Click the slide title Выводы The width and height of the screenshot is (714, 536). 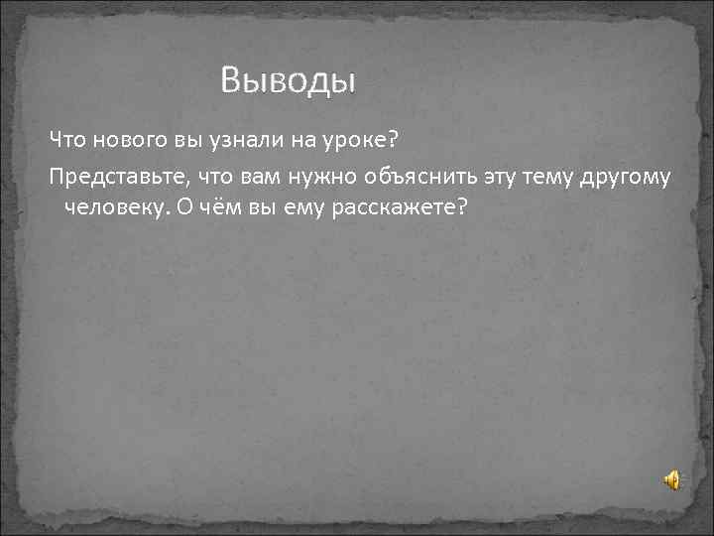point(288,79)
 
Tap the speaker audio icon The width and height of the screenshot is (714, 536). point(671,480)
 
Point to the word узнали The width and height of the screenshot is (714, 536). point(220,138)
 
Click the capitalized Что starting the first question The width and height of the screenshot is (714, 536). point(68,138)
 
